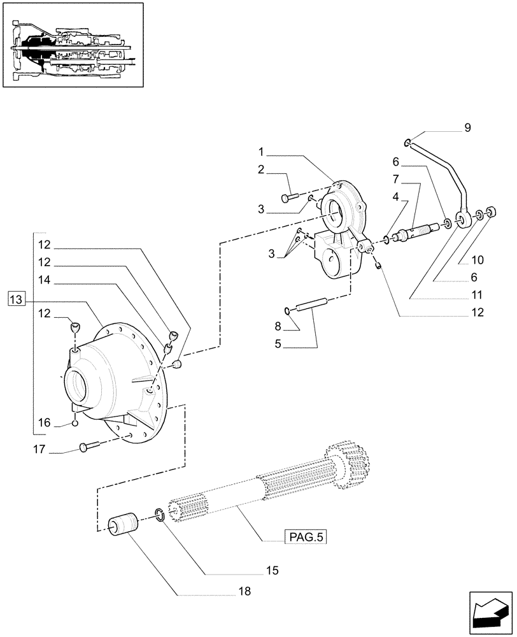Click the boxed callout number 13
pyautogui.click(x=17, y=299)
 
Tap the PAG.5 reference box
pyautogui.click(x=304, y=538)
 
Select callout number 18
pyautogui.click(x=244, y=591)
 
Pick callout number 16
pyautogui.click(x=43, y=422)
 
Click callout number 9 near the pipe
pyautogui.click(x=467, y=128)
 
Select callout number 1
pyautogui.click(x=261, y=152)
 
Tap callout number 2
pyautogui.click(x=261, y=169)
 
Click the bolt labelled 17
pyautogui.click(x=89, y=448)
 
